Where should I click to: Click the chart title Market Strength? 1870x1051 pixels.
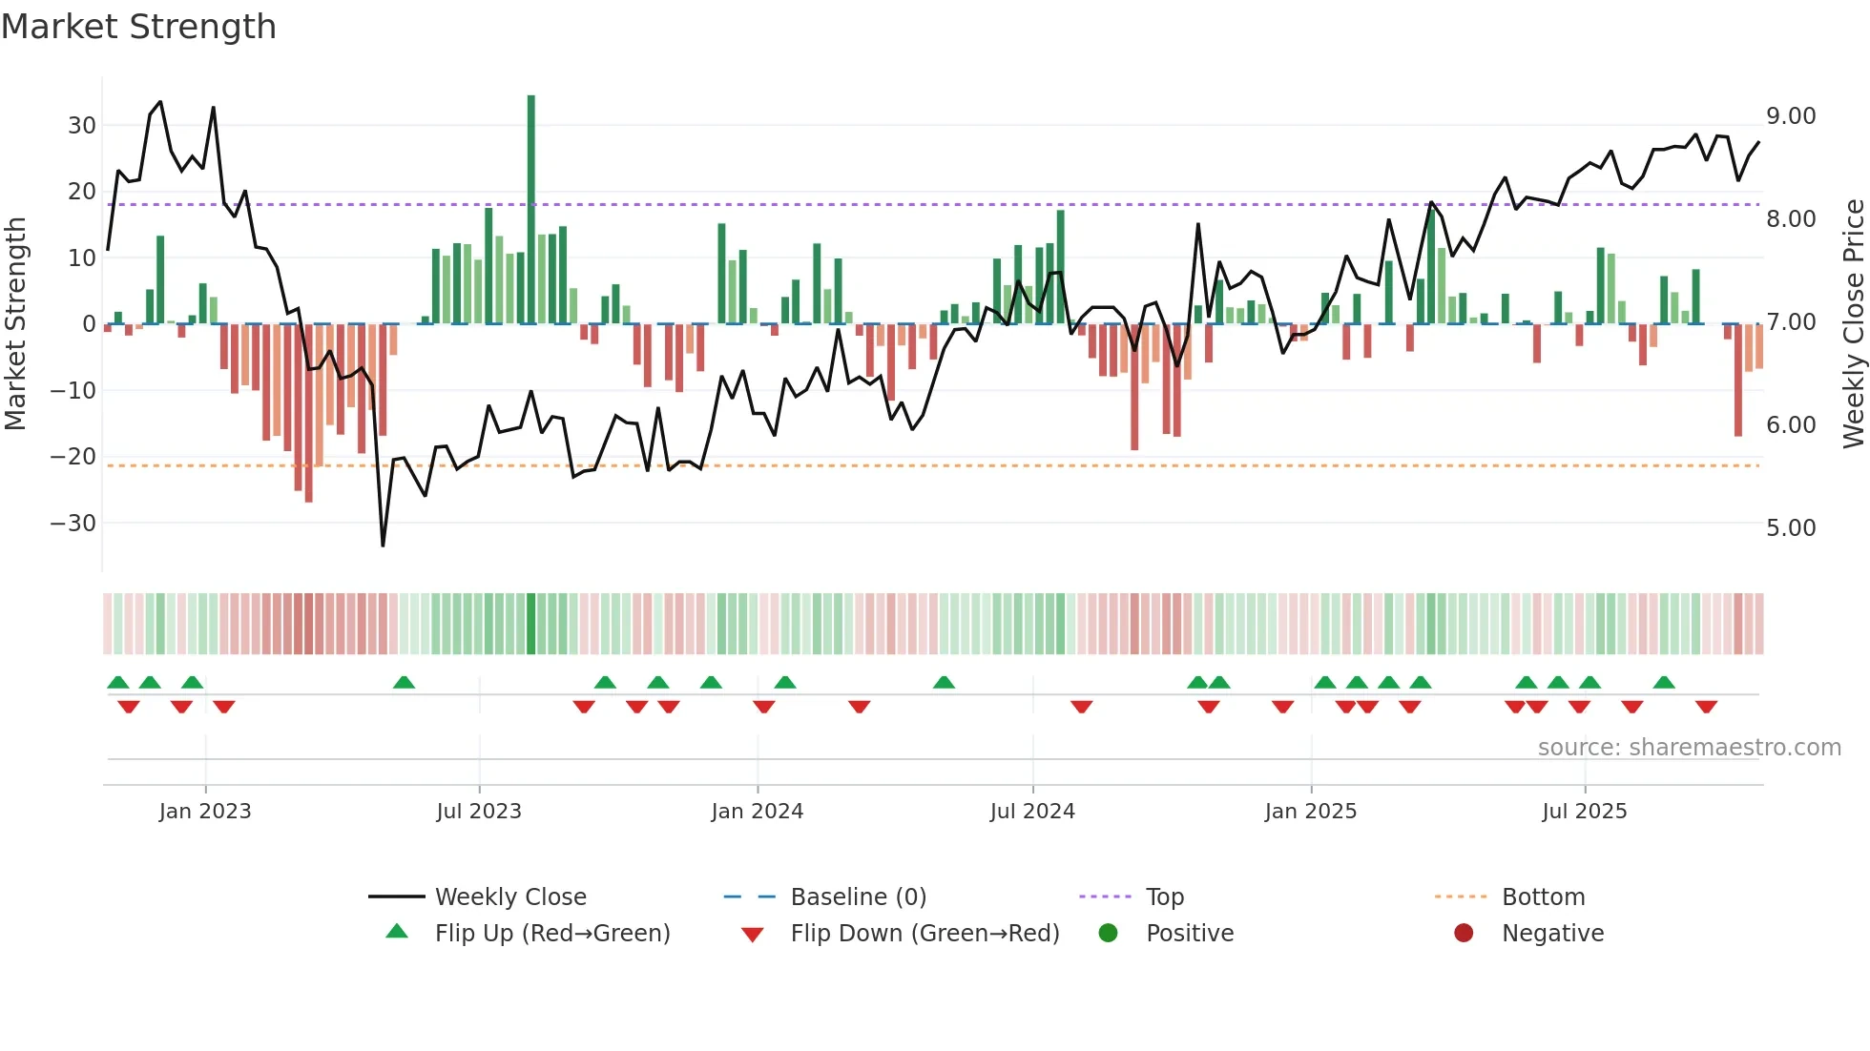coord(138,27)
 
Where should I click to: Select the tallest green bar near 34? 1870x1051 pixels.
coord(531,210)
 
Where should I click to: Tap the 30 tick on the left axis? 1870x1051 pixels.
coord(82,125)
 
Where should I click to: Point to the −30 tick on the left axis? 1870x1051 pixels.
coord(73,523)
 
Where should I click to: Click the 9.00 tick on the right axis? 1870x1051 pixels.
coord(1791,116)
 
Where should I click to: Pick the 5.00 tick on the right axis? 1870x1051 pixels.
coord(1791,527)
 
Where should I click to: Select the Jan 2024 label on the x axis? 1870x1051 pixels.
coord(757,812)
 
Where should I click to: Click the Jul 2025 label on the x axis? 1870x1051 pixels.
coord(1584,812)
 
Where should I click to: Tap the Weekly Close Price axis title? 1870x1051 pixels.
coord(1853,324)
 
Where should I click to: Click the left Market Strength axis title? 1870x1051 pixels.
coord(15,324)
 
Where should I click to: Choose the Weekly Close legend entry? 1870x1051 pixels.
coord(510,897)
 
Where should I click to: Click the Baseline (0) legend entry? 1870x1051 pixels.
coord(858,897)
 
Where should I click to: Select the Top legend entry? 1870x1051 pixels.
coord(1164,897)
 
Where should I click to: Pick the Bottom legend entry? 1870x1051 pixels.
coord(1543,897)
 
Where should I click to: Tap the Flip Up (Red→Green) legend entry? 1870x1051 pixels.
coord(551,934)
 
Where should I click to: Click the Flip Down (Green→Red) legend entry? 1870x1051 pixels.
coord(925,934)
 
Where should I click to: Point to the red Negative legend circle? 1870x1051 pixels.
coord(1464,933)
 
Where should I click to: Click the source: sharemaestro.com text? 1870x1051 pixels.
coord(1689,748)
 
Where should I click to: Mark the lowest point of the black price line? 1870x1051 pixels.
coord(383,546)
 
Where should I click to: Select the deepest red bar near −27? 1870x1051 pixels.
coord(308,412)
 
